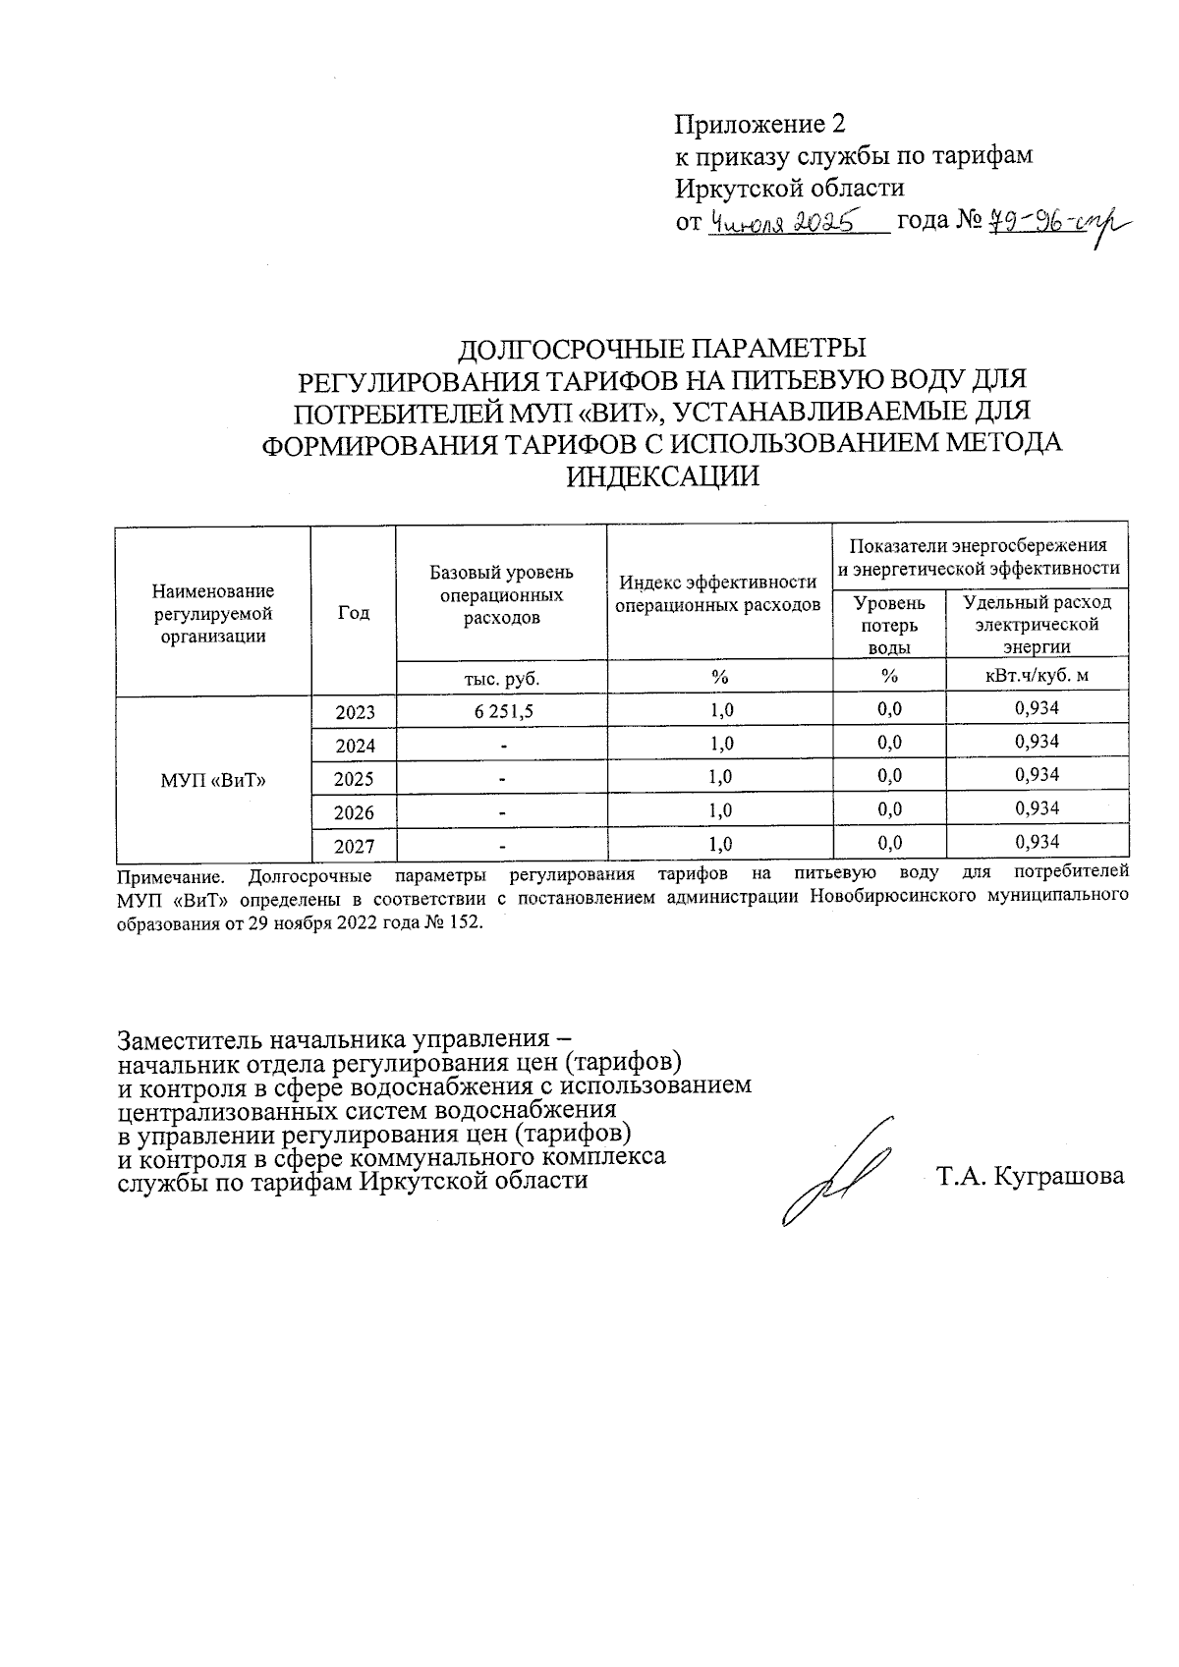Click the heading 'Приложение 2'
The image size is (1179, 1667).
[758, 125]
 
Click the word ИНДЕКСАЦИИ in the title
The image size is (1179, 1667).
[664, 476]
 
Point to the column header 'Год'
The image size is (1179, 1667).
[353, 613]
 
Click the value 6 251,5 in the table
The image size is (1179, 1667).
[503, 711]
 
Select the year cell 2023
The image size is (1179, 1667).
[355, 712]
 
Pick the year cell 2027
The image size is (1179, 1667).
[355, 846]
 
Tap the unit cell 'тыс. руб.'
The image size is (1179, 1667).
[502, 678]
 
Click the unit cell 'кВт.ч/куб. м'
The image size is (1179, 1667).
[1037, 677]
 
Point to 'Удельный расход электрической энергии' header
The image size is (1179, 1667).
[1037, 624]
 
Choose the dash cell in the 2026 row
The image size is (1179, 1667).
[502, 812]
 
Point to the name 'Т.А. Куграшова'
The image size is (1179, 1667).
[1030, 1177]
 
